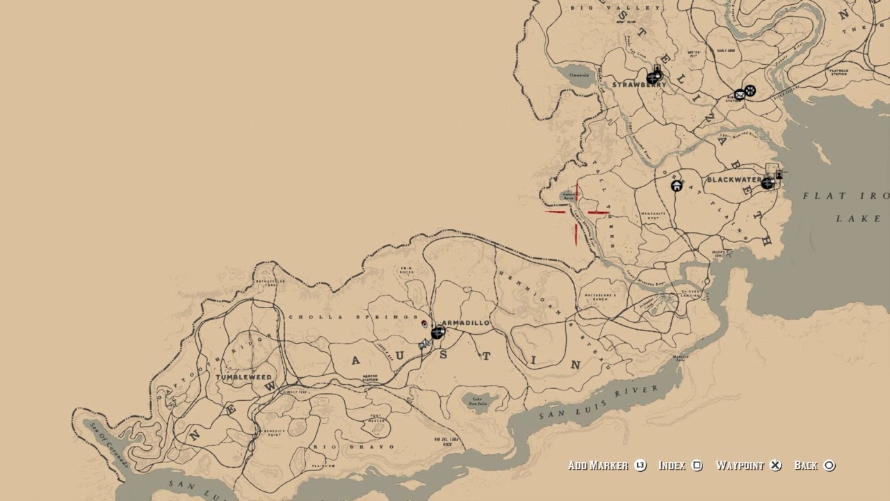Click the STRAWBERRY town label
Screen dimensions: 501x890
pyautogui.click(x=639, y=85)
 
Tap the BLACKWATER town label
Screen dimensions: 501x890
pyautogui.click(x=734, y=180)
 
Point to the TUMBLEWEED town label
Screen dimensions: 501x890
pyautogui.click(x=244, y=377)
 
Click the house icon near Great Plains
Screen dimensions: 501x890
pyautogui.click(x=676, y=186)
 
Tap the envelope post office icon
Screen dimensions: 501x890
pyautogui.click(x=740, y=95)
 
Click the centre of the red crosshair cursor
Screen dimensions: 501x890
pyautogui.click(x=576, y=212)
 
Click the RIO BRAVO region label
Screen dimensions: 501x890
pyautogui.click(x=353, y=447)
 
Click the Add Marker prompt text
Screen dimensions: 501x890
pyautogui.click(x=598, y=466)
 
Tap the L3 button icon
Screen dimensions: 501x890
pyautogui.click(x=640, y=466)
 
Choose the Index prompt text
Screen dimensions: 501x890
pyautogui.click(x=672, y=466)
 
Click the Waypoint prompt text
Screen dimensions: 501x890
pyautogui.click(x=740, y=466)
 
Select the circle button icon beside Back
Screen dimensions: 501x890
pyautogui.click(x=829, y=466)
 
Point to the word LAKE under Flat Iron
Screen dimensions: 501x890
pyautogui.click(x=849, y=218)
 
